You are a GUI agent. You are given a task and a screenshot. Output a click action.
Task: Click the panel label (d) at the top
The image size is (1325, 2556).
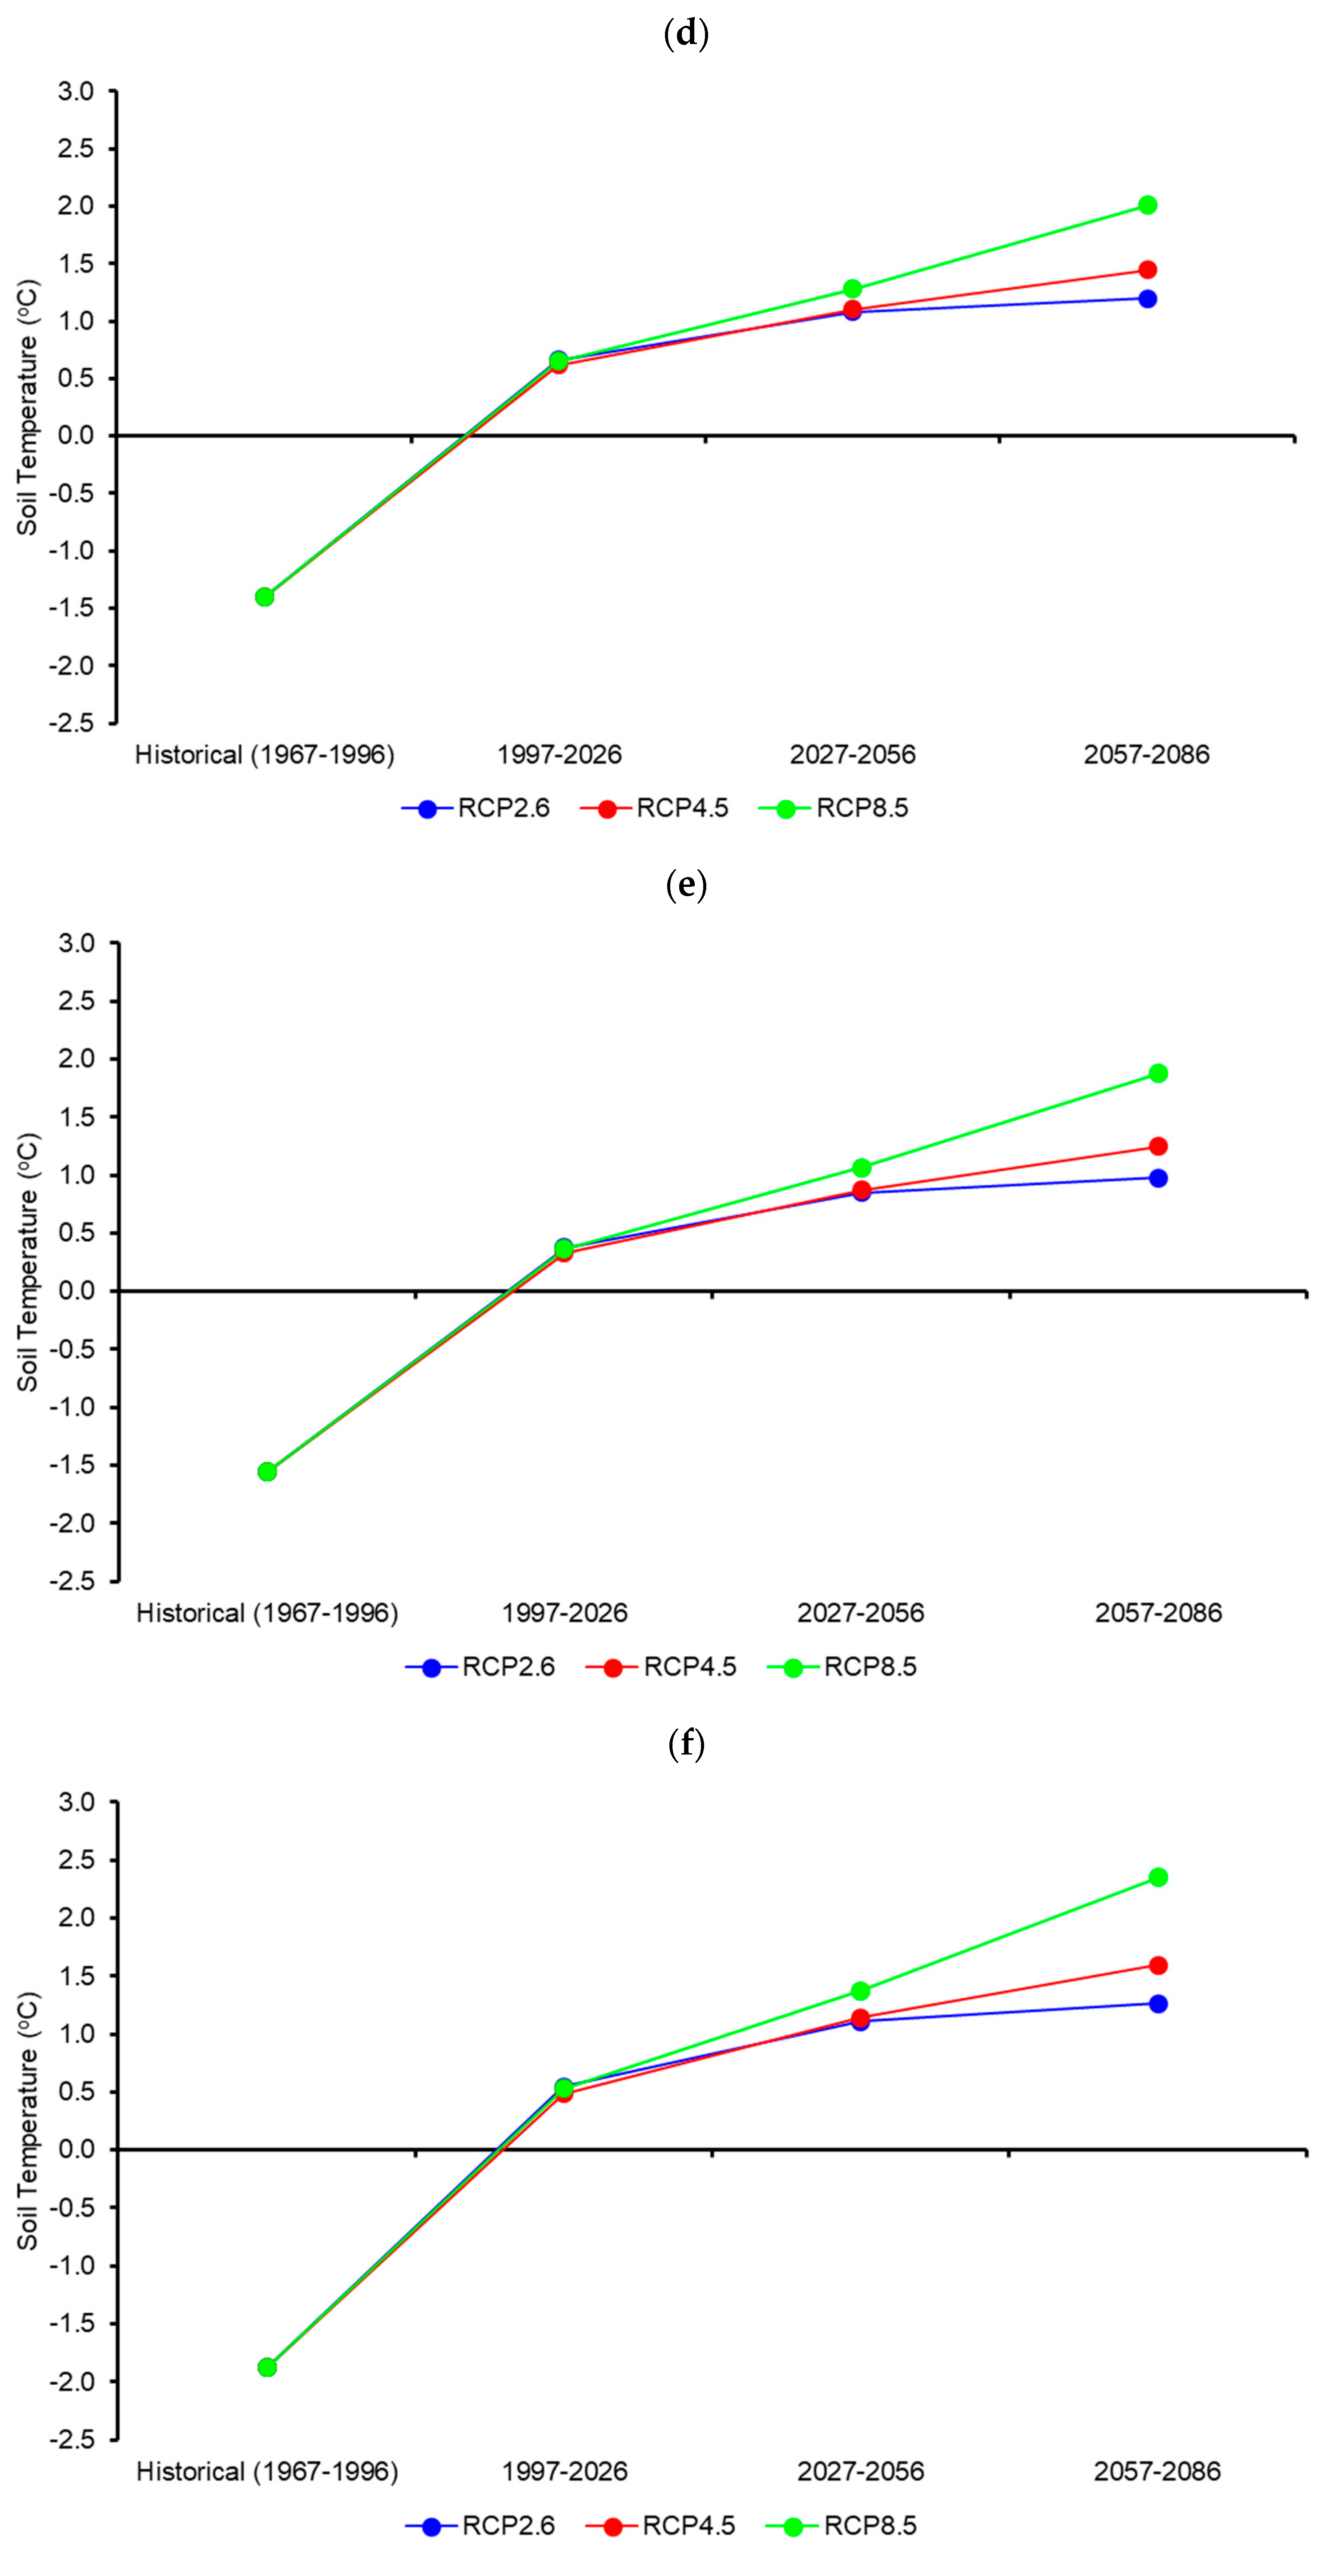(685, 34)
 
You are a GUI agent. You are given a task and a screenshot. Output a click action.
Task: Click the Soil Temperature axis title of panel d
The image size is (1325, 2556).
(27, 407)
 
